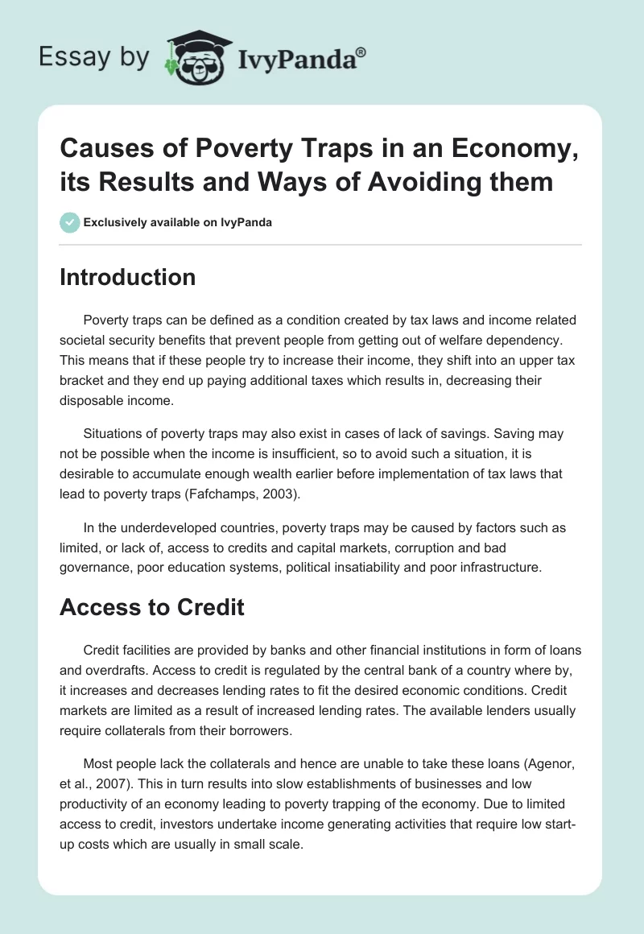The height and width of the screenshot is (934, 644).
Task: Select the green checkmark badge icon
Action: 69,222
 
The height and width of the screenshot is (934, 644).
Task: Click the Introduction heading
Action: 127,278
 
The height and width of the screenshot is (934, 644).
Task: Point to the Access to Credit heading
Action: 151,606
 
